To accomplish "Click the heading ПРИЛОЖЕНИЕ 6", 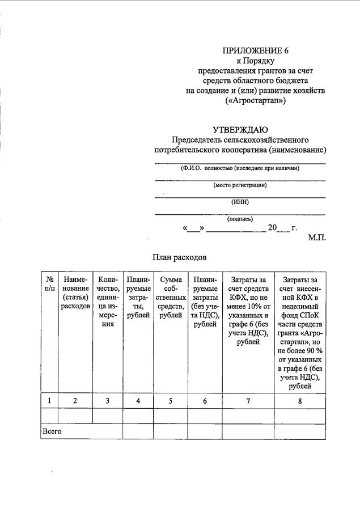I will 256,51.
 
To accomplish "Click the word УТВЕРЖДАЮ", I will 240,130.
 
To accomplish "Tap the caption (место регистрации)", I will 240,185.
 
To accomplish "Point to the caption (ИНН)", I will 240,202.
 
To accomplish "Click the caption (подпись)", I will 240,219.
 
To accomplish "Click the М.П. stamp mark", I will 317,238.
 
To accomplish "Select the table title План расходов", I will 179,257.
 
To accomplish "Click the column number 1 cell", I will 49,401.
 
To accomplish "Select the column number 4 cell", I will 138,401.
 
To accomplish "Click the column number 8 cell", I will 300,401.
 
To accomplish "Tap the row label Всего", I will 52,431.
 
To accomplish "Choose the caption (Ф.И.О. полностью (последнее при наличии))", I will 240,168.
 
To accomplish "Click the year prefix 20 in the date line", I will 272,228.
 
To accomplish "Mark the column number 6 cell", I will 205,401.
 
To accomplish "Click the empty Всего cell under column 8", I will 300,431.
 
